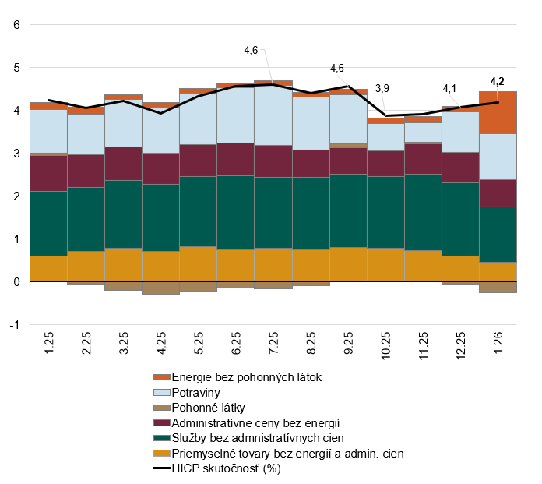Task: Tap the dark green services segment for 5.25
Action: click(199, 211)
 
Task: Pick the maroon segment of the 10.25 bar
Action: click(385, 163)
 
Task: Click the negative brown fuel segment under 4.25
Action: click(161, 288)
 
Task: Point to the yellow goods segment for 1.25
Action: click(48, 268)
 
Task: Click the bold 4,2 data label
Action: click(497, 80)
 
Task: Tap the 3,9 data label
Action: click(384, 89)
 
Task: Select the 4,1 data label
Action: click(450, 88)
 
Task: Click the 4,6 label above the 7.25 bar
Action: click(251, 50)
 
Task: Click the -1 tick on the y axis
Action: click(13, 324)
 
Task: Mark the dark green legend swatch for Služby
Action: click(161, 439)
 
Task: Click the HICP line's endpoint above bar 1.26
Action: click(498, 102)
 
